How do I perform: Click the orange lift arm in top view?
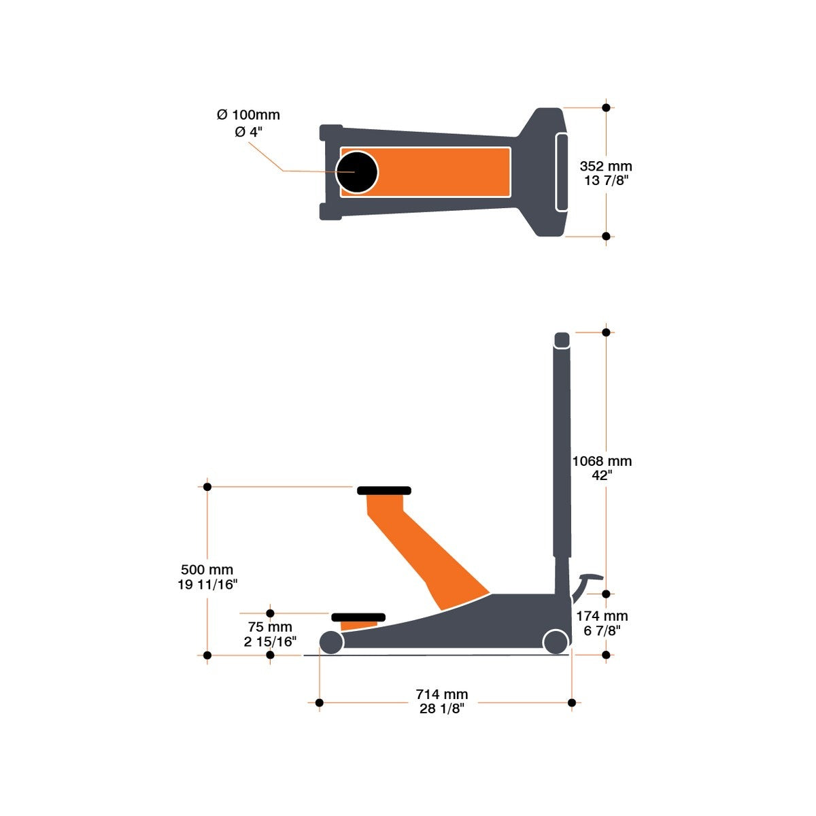coord(442,171)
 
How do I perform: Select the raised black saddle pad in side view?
coord(384,490)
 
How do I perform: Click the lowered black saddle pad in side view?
coord(358,617)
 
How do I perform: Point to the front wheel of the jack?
coord(331,642)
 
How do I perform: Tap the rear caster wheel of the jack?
coord(556,641)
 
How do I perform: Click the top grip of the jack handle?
coord(562,339)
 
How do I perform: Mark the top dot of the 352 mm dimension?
coord(606,107)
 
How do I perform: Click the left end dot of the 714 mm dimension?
coord(319,702)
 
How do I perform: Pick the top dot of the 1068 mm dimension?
coord(606,332)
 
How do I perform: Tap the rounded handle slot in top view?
coord(562,172)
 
